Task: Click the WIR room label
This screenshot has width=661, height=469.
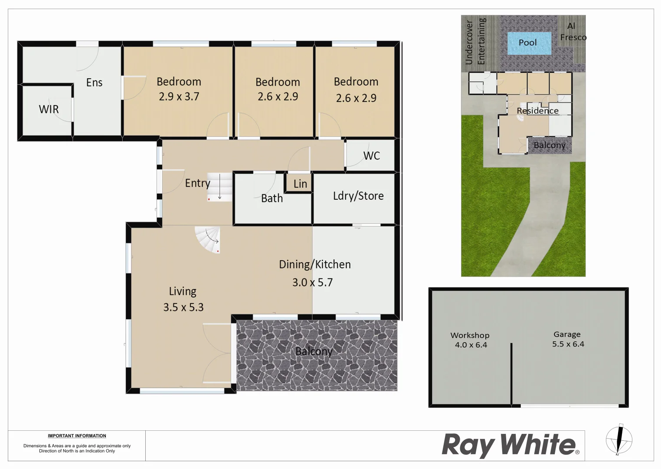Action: pos(49,109)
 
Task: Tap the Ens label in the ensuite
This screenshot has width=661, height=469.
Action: pos(94,83)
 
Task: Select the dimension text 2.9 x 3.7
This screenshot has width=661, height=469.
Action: pos(179,96)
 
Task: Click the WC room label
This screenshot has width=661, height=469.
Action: pos(371,156)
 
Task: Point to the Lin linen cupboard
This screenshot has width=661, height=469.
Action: pos(300,184)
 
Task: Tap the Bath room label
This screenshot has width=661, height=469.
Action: pos(272,198)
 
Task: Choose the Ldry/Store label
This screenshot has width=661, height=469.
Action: pos(358,196)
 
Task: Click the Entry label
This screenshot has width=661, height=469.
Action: pos(197,183)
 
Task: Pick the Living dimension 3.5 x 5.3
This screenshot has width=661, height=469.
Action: pos(183,307)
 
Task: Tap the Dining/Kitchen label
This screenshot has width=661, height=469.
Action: pos(314,264)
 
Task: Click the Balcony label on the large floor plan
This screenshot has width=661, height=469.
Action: pos(314,351)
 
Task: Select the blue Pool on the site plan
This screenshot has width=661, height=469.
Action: pos(529,43)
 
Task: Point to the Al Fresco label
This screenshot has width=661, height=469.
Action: pos(573,32)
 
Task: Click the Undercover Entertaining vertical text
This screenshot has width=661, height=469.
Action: pos(475,41)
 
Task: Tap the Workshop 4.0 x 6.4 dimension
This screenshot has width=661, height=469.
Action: pos(471,345)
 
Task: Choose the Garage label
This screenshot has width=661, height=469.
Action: pos(567,334)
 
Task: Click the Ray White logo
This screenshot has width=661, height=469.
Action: pos(510,445)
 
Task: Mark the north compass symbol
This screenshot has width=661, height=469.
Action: pos(619,439)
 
